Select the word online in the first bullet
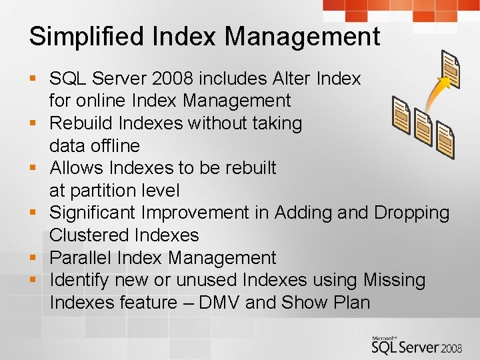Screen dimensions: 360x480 click(x=105, y=101)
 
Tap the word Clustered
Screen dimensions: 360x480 click(x=89, y=235)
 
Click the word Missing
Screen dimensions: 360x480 click(x=394, y=280)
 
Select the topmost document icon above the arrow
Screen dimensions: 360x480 click(x=451, y=69)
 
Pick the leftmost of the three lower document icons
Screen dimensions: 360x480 click(x=401, y=115)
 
